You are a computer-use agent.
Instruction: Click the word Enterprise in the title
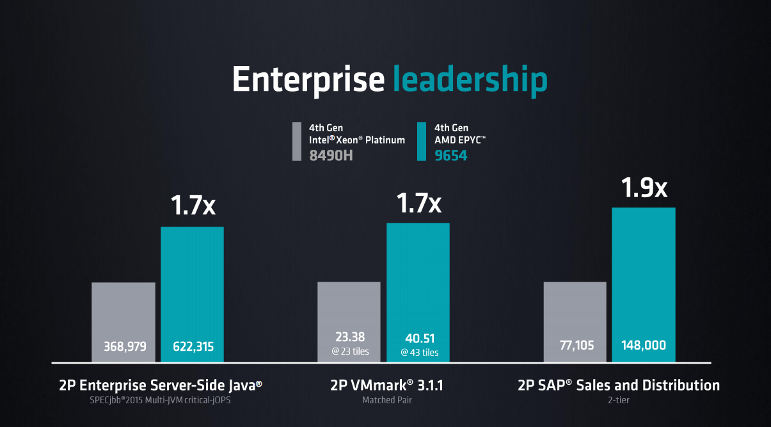coord(308,80)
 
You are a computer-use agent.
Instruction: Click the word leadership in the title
coord(470,80)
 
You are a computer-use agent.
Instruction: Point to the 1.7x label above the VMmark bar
coord(418,203)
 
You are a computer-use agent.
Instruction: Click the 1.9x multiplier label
coord(644,188)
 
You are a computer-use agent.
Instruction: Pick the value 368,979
coord(125,346)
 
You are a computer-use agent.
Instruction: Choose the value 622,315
coord(193,346)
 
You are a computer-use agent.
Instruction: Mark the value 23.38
coord(349,337)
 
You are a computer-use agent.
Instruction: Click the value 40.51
coord(419,339)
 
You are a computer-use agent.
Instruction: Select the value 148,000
coord(644,346)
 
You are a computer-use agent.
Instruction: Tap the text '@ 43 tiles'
coord(420,353)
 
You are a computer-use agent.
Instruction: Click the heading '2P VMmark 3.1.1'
coord(386,385)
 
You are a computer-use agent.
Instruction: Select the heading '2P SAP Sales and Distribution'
coord(618,385)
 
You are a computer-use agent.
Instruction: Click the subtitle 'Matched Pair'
coord(386,400)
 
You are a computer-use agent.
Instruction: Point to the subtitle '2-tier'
coord(618,400)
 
